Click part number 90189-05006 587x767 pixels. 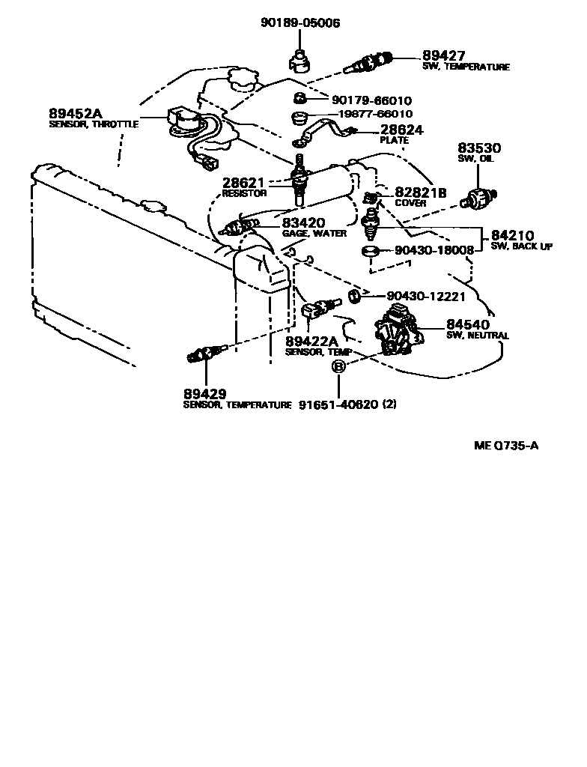pyautogui.click(x=299, y=23)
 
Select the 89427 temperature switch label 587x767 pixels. pyautogui.click(x=444, y=56)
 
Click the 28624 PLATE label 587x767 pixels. pyautogui.click(x=402, y=130)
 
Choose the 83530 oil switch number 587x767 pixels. pyautogui.click(x=478, y=149)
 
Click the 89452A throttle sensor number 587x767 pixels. pyautogui.click(x=75, y=114)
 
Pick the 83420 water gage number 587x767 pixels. pyautogui.click(x=303, y=223)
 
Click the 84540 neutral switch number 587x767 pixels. pyautogui.click(x=467, y=325)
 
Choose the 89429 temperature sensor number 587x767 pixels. pyautogui.click(x=205, y=394)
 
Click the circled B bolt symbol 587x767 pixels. pyautogui.click(x=338, y=367)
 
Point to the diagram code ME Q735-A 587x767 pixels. pyautogui.click(x=507, y=446)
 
